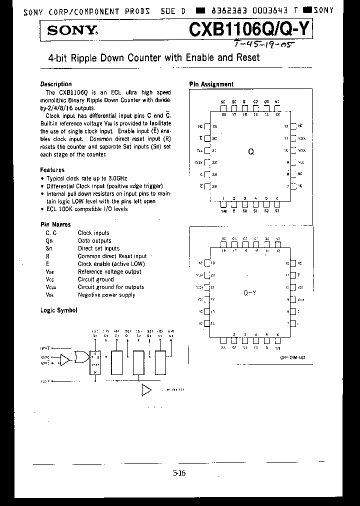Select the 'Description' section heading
56,84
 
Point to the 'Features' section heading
52,170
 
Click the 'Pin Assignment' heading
211,84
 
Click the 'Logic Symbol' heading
59,310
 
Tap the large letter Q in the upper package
251,151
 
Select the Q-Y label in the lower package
250,293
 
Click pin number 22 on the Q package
214,162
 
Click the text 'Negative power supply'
106,295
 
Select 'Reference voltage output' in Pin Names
109,271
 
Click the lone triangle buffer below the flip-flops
146,390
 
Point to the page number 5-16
179,473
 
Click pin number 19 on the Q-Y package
213,263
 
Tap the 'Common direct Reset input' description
112,256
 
